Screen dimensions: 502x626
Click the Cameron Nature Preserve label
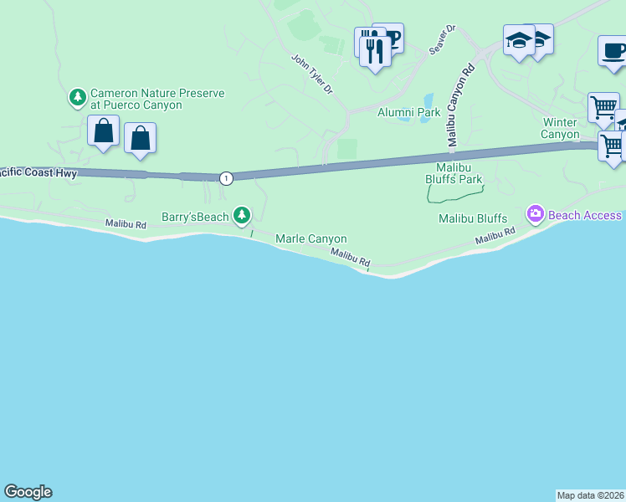157,100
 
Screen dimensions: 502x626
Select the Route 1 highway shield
226,177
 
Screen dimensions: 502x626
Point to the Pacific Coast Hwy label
38,173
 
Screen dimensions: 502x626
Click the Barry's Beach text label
195,217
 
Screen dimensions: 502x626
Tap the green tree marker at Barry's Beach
242,217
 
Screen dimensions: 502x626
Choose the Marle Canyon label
311,239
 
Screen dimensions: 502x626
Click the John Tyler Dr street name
311,74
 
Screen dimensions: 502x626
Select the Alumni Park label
408,112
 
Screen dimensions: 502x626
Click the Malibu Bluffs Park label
454,173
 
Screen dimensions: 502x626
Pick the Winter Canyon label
560,128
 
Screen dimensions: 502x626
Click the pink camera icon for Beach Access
535,215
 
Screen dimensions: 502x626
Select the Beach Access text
585,215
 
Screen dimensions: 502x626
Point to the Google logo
28,492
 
